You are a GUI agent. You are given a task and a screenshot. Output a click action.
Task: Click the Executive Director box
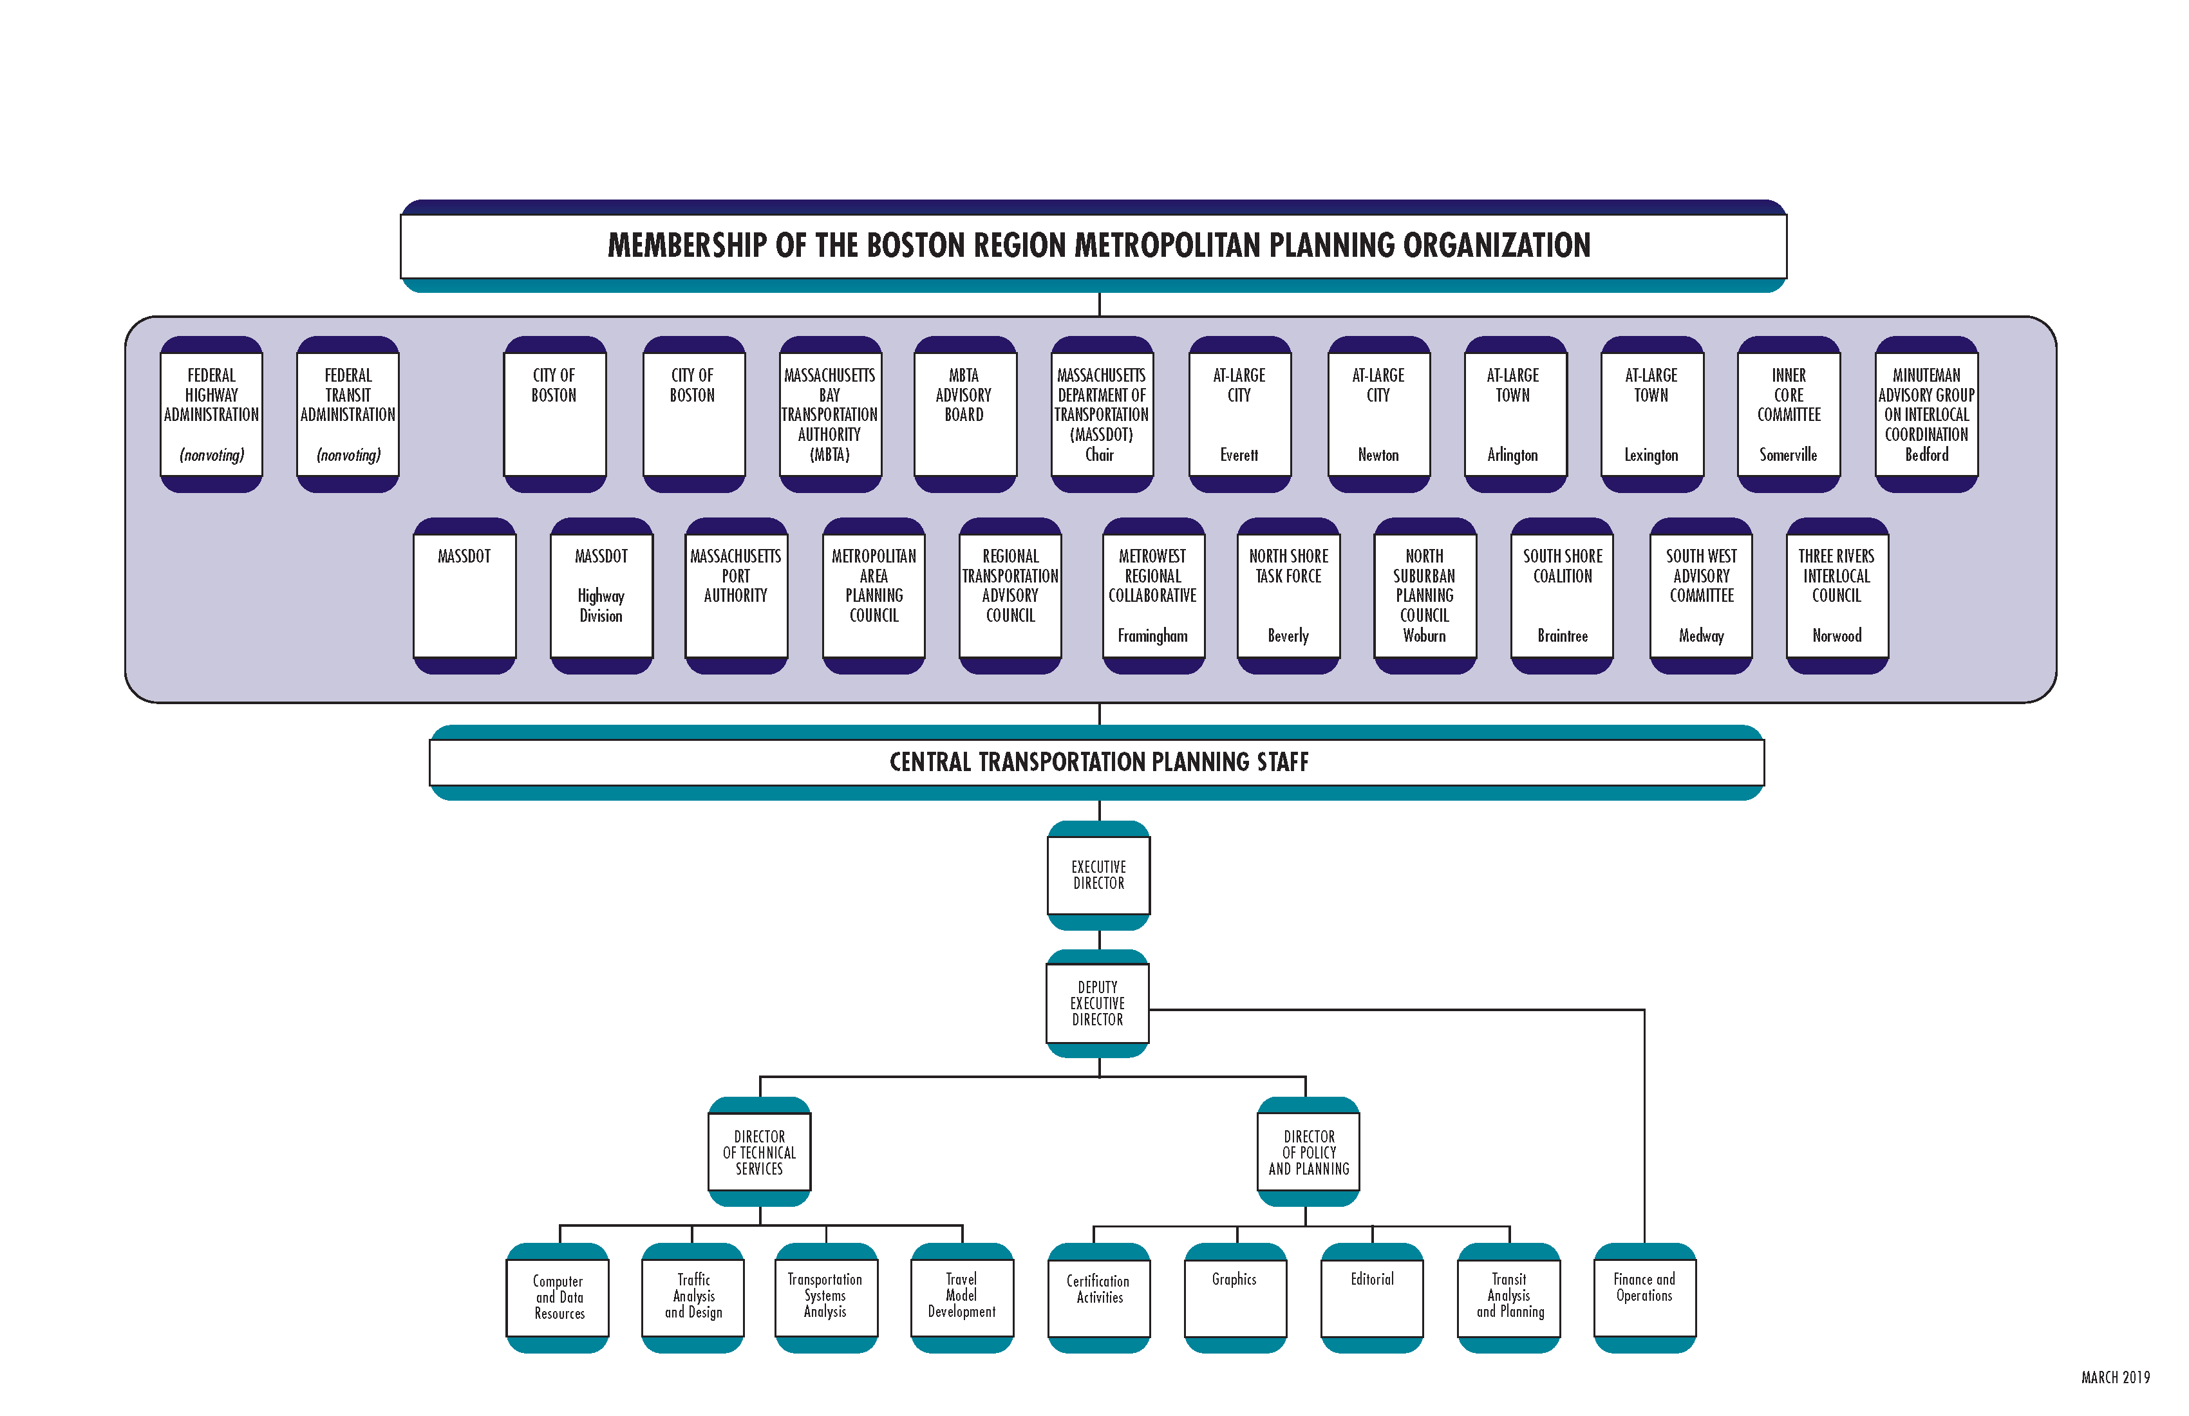[x=1098, y=875]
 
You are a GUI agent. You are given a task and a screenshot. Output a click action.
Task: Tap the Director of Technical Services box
[x=759, y=1152]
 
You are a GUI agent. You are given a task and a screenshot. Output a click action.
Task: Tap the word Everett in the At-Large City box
[x=1238, y=455]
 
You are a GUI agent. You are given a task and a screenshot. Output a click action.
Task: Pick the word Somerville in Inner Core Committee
[x=1787, y=455]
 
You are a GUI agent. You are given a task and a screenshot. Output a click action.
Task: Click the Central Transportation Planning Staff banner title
[x=1098, y=762]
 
